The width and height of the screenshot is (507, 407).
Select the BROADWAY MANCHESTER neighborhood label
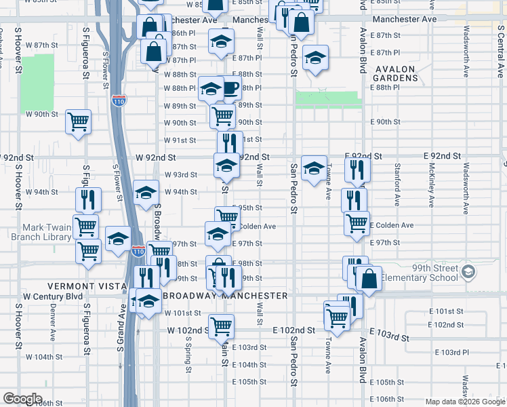[226, 296]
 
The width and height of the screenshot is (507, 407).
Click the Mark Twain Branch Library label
[37, 232]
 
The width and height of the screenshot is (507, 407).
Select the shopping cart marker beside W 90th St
[79, 122]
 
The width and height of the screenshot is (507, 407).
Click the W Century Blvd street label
[53, 296]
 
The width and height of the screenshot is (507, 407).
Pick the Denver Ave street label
[52, 326]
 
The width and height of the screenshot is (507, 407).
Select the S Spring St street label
[187, 353]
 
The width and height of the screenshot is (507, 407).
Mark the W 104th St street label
[44, 356]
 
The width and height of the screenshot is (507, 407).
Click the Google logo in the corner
[23, 399]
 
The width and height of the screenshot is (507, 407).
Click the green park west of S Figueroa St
[37, 82]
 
